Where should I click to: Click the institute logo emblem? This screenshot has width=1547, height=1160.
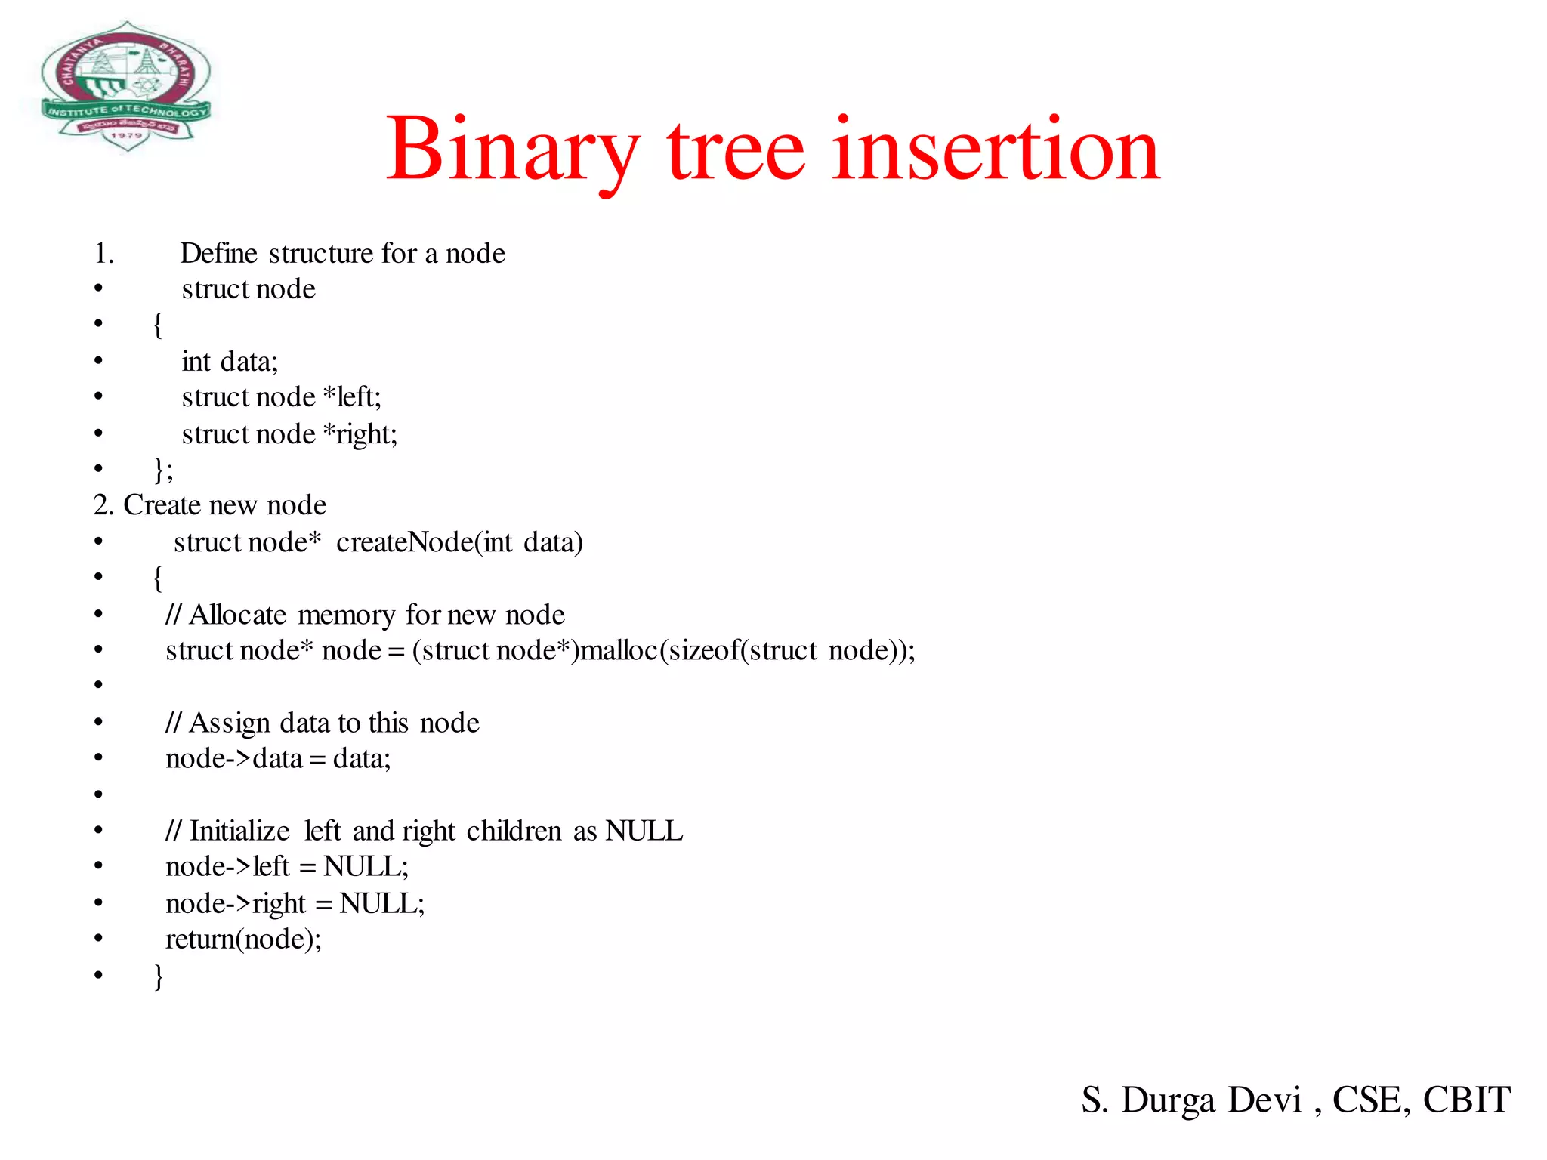pyautogui.click(x=125, y=85)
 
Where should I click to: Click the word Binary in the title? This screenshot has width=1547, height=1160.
pyautogui.click(x=512, y=149)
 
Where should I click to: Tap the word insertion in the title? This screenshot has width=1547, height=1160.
pyautogui.click(x=996, y=149)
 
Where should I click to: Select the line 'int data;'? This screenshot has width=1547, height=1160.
pyautogui.click(x=230, y=362)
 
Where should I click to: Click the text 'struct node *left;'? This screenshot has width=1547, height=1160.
pyautogui.click(x=281, y=397)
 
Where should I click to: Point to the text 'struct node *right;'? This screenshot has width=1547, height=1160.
pyautogui.click(x=289, y=434)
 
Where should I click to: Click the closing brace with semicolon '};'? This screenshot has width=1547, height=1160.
pyautogui.click(x=164, y=469)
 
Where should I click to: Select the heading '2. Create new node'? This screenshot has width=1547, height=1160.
pyautogui.click(x=210, y=504)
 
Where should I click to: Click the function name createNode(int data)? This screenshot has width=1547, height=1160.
pyautogui.click(x=459, y=542)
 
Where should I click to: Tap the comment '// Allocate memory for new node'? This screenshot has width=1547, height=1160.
pyautogui.click(x=365, y=615)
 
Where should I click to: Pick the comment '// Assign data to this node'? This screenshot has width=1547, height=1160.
pyautogui.click(x=323, y=723)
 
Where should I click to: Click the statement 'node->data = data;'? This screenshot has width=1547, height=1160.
pyautogui.click(x=278, y=758)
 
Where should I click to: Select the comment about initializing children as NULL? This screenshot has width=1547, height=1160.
pyautogui.click(x=424, y=831)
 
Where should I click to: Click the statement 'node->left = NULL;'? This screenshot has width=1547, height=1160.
pyautogui.click(x=287, y=866)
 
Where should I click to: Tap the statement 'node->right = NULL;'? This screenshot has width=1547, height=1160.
pyautogui.click(x=295, y=903)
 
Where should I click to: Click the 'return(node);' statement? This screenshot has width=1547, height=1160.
pyautogui.click(x=243, y=939)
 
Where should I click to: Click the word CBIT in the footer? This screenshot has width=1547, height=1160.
pyautogui.click(x=1466, y=1100)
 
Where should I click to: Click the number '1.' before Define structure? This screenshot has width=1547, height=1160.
pyautogui.click(x=104, y=254)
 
